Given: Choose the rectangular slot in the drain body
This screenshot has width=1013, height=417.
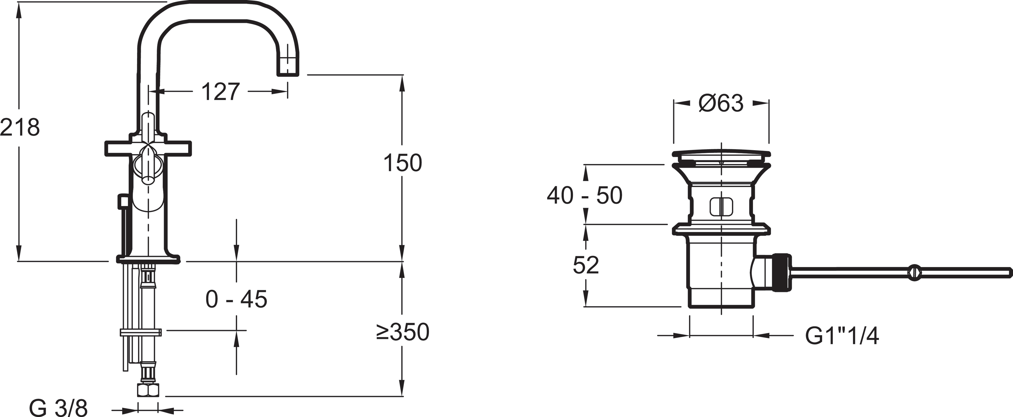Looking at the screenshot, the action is pos(722,206).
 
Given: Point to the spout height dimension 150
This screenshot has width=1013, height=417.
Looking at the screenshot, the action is pos(402,163).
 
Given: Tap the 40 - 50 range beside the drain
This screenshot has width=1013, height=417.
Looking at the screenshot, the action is pos(584,196).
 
